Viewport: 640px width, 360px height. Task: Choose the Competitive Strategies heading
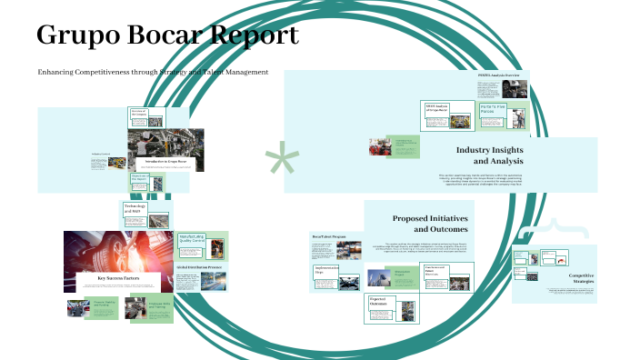(x=581, y=278)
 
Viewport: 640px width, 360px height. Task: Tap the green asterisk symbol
(x=281, y=162)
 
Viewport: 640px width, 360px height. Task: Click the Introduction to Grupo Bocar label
(x=165, y=162)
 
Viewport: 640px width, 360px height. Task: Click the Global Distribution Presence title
(x=200, y=267)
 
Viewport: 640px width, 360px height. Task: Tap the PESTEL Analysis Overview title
(x=498, y=75)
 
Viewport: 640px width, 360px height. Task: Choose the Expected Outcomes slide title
(x=379, y=300)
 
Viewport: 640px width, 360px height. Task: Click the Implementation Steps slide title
(x=326, y=270)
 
